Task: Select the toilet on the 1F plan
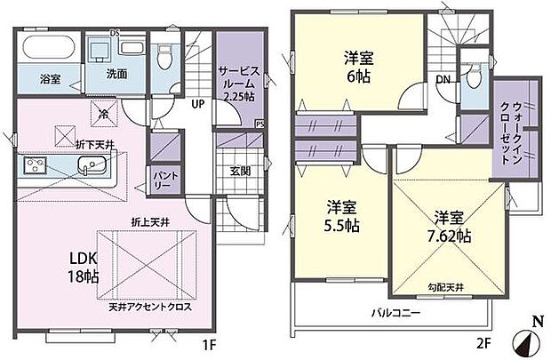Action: pyautogui.click(x=162, y=57)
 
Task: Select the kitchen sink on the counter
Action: pyautogui.click(x=89, y=166)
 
